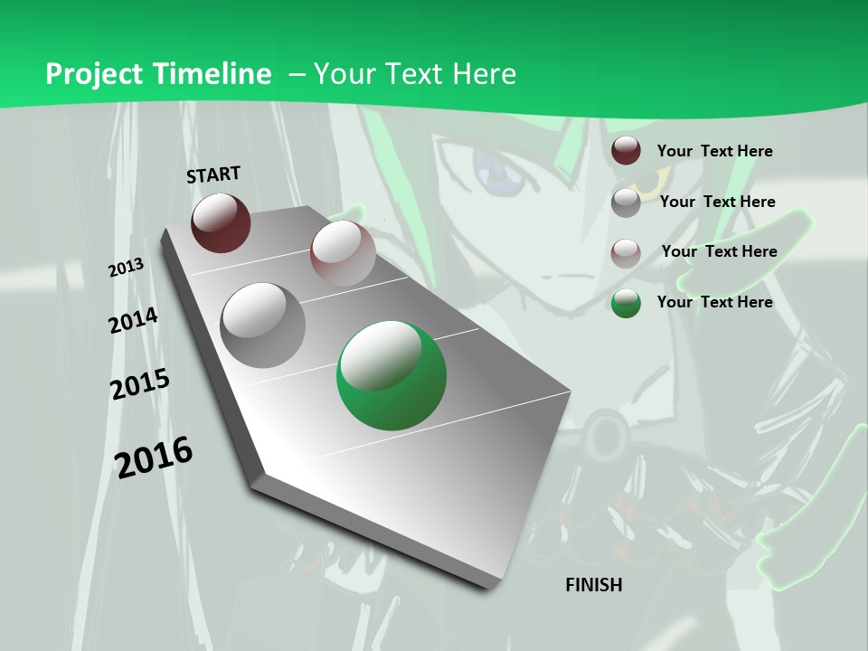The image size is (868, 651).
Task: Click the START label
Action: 213,174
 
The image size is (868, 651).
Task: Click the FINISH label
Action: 593,585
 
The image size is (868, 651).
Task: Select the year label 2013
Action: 126,267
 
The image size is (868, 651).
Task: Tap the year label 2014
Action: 133,320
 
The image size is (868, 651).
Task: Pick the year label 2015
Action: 139,384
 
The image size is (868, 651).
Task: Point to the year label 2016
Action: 154,457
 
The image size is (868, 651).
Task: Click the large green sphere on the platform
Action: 392,375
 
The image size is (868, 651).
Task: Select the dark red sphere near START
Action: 221,222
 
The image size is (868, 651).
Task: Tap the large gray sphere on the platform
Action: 263,325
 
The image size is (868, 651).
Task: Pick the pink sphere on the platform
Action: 343,253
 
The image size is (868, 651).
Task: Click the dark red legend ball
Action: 626,151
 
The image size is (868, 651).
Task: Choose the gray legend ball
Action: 626,203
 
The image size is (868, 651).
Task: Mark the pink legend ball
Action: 626,252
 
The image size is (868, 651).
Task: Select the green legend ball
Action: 626,303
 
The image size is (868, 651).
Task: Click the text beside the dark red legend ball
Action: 714,151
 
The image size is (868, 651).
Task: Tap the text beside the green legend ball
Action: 714,302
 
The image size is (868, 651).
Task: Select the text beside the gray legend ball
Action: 717,202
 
